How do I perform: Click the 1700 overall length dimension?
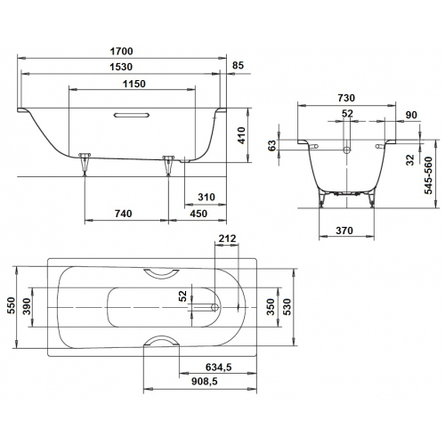click(x=122, y=52)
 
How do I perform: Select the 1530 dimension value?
click(x=121, y=67)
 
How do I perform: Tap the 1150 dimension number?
click(x=134, y=84)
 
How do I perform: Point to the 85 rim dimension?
click(x=238, y=65)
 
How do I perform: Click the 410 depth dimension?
click(x=242, y=135)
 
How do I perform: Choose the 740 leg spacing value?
click(x=124, y=214)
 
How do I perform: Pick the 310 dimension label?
click(x=206, y=197)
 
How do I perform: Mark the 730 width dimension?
click(x=346, y=98)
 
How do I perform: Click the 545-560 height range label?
click(x=428, y=175)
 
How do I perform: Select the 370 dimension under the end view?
click(x=344, y=231)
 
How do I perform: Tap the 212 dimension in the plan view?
click(x=227, y=239)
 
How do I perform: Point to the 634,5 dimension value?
click(x=219, y=368)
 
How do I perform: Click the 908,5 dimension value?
click(x=205, y=381)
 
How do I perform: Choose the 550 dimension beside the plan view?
click(x=11, y=305)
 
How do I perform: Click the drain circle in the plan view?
click(x=214, y=307)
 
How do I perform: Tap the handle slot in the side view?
click(x=132, y=115)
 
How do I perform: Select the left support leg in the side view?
click(x=85, y=164)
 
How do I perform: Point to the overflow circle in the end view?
click(x=347, y=150)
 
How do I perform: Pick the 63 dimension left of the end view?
click(x=271, y=145)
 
